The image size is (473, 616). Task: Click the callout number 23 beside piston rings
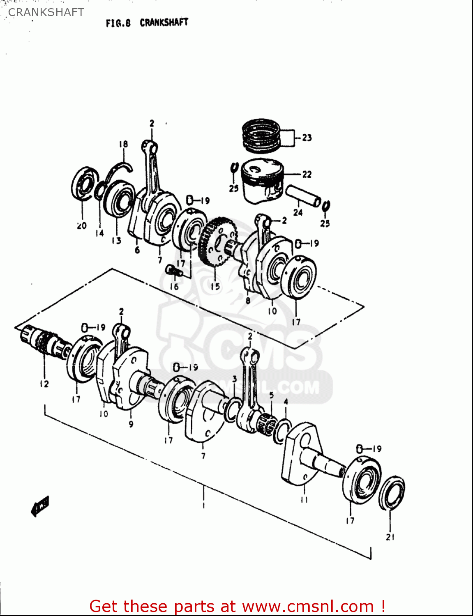pos(307,138)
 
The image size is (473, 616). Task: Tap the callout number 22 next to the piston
pos(307,175)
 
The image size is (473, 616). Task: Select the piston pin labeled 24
pos(303,196)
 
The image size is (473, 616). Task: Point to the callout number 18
pos(123,144)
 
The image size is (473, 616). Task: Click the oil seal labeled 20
pos(85,185)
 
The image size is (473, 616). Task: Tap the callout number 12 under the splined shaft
pos(44,384)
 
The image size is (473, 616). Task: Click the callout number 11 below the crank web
pos(304,500)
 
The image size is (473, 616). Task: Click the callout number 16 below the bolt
pos(175,286)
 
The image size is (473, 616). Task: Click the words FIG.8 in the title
pos(118,23)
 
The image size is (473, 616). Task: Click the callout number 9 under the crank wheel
pos(131,424)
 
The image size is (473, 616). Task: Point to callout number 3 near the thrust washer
pos(234,379)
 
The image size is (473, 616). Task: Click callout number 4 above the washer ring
pos(286,401)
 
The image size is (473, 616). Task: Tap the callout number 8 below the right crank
pos(248,300)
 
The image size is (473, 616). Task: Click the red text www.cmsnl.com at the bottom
pos(307,606)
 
